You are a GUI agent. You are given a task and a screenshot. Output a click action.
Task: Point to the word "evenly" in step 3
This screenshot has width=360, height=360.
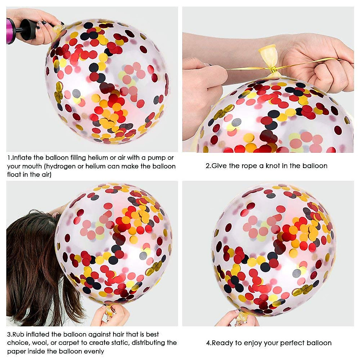click(93, 351)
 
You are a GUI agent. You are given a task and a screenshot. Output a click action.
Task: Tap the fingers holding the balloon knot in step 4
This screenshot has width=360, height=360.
click(237, 318)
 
